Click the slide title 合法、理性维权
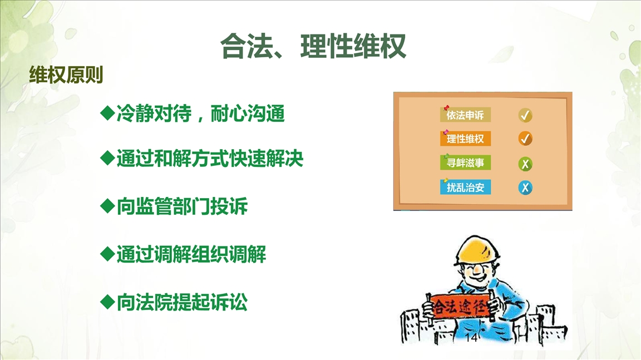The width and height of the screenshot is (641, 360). click(x=313, y=46)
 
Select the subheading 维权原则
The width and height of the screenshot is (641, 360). click(x=66, y=75)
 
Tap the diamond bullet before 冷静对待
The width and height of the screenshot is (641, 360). click(x=107, y=113)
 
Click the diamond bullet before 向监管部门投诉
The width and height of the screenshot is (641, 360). click(x=107, y=206)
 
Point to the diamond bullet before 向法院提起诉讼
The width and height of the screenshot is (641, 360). click(x=107, y=302)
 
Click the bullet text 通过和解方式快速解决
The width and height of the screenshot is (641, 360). click(x=210, y=159)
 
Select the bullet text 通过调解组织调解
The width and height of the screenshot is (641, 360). click(x=191, y=254)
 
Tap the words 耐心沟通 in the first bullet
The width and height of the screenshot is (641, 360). click(x=247, y=113)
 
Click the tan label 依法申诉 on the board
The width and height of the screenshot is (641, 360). click(x=465, y=115)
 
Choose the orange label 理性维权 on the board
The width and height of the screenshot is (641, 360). click(x=465, y=139)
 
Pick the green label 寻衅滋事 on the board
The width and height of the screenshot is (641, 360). click(x=465, y=162)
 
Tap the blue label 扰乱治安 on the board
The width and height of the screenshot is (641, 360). click(x=465, y=187)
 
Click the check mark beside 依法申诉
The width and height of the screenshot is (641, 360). click(x=525, y=116)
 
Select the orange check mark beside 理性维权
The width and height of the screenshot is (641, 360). click(x=525, y=139)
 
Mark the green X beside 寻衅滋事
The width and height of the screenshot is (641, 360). click(x=525, y=164)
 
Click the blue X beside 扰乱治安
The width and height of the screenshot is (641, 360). click(x=525, y=188)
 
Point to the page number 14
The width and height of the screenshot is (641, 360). click(x=471, y=338)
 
